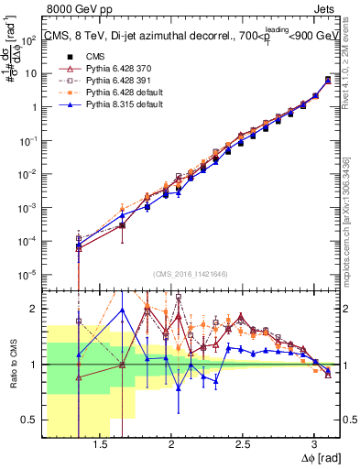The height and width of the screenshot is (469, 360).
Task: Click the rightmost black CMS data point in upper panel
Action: point(328,80)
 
